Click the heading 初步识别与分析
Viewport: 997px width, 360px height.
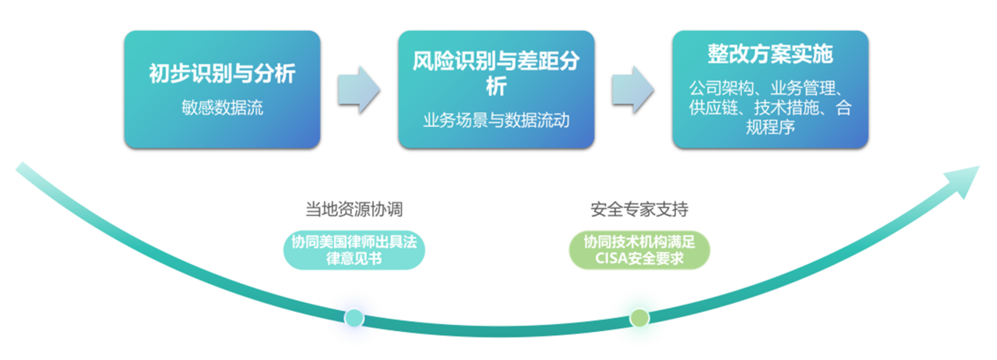coord(222,75)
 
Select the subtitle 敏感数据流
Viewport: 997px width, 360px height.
coord(222,108)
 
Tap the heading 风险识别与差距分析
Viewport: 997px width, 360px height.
coord(496,71)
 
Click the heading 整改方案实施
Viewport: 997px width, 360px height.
coord(770,54)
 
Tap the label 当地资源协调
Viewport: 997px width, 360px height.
coord(354,210)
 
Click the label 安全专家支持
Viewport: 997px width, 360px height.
coord(639,210)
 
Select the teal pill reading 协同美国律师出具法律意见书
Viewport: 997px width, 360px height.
coord(354,250)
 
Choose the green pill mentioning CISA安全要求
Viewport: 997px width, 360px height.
coord(639,250)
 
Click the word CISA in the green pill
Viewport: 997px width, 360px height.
coord(611,259)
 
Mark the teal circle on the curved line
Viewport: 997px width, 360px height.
coord(354,317)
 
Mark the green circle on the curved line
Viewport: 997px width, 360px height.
coord(639,317)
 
